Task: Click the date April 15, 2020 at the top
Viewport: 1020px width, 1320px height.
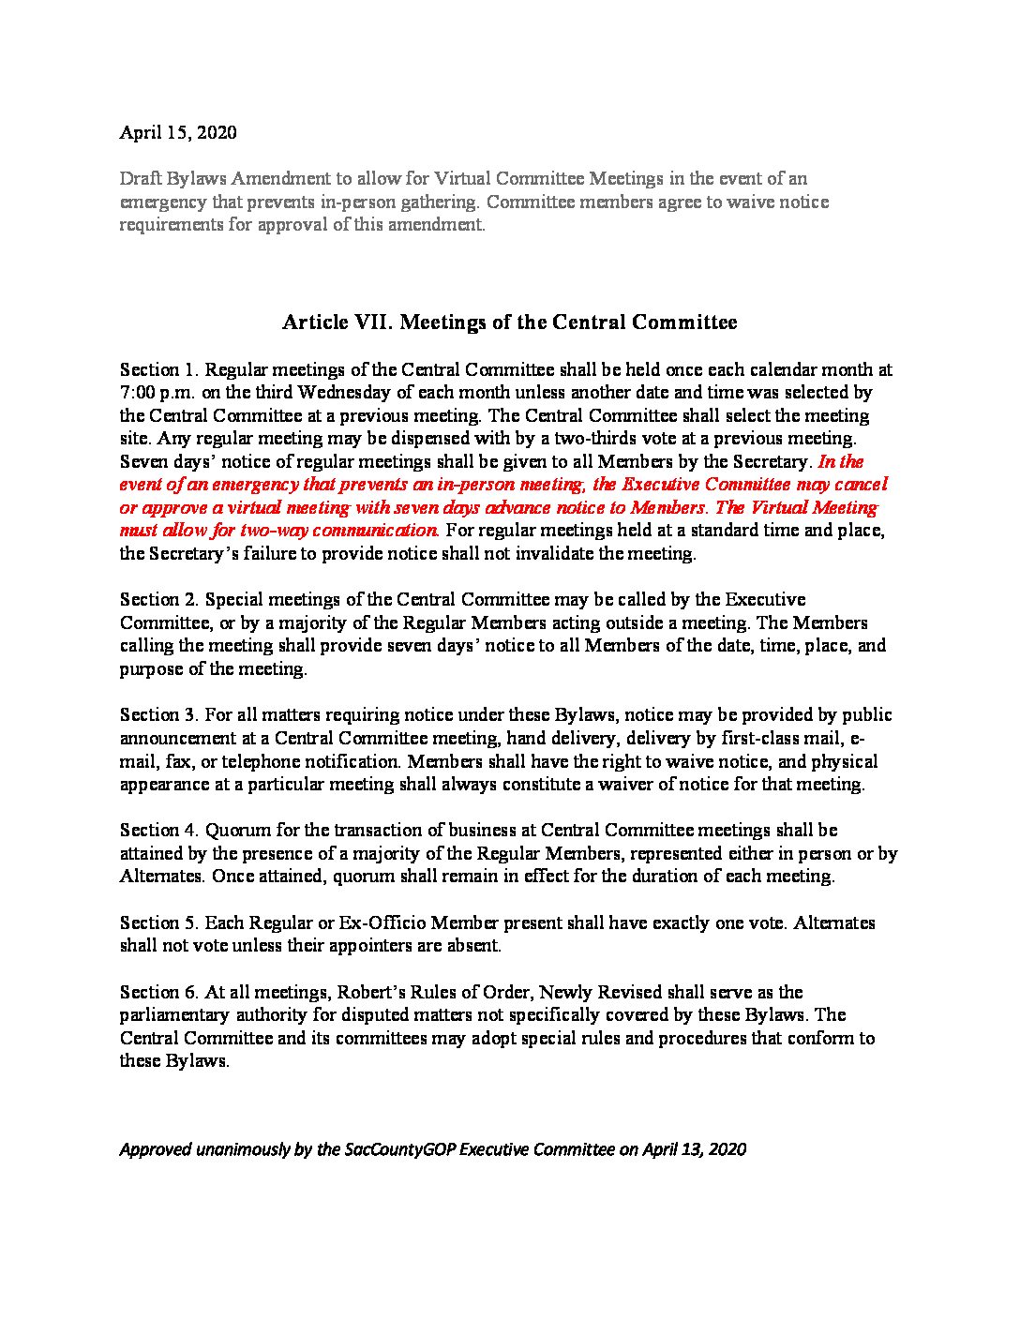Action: tap(178, 132)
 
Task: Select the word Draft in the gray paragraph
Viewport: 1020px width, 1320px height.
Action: tap(141, 179)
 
